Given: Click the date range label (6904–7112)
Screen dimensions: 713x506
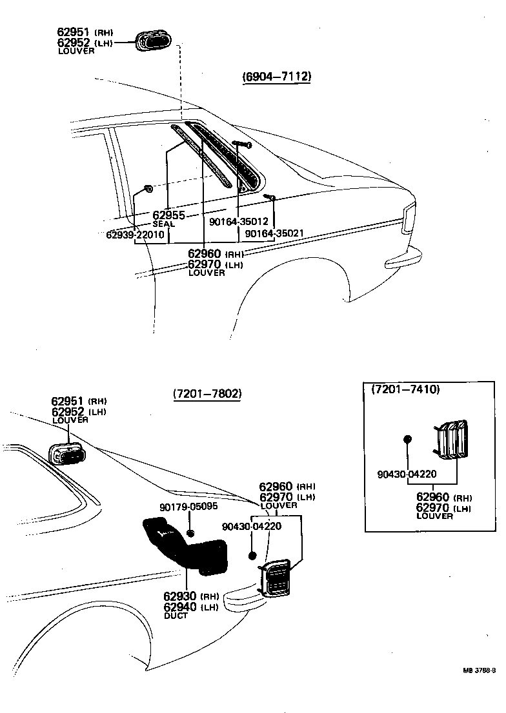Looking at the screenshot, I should tap(277, 77).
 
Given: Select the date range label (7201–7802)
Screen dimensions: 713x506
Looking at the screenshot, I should tap(207, 394).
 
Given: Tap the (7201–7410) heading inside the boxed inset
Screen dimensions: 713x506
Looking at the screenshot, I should tap(405, 389).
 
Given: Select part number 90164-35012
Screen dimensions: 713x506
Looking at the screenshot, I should tap(239, 222).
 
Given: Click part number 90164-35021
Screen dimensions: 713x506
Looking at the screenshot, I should tap(274, 233).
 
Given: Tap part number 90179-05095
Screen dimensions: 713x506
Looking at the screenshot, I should tap(188, 507).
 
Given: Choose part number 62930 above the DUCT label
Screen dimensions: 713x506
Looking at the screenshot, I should tap(181, 596).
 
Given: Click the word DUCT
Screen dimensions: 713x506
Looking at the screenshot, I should tap(176, 616).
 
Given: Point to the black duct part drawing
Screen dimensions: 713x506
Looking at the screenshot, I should tap(184, 542).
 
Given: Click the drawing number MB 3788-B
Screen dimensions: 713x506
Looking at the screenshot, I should tap(479, 670).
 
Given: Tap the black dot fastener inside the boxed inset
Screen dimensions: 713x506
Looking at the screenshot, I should tap(407, 440).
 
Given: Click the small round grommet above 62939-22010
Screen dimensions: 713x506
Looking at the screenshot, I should tap(148, 189).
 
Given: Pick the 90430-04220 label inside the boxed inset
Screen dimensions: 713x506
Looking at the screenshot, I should tap(407, 474).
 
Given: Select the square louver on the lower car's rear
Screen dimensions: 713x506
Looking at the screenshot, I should tap(277, 577).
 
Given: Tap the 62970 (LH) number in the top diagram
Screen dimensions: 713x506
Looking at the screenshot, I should tap(205, 264).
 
